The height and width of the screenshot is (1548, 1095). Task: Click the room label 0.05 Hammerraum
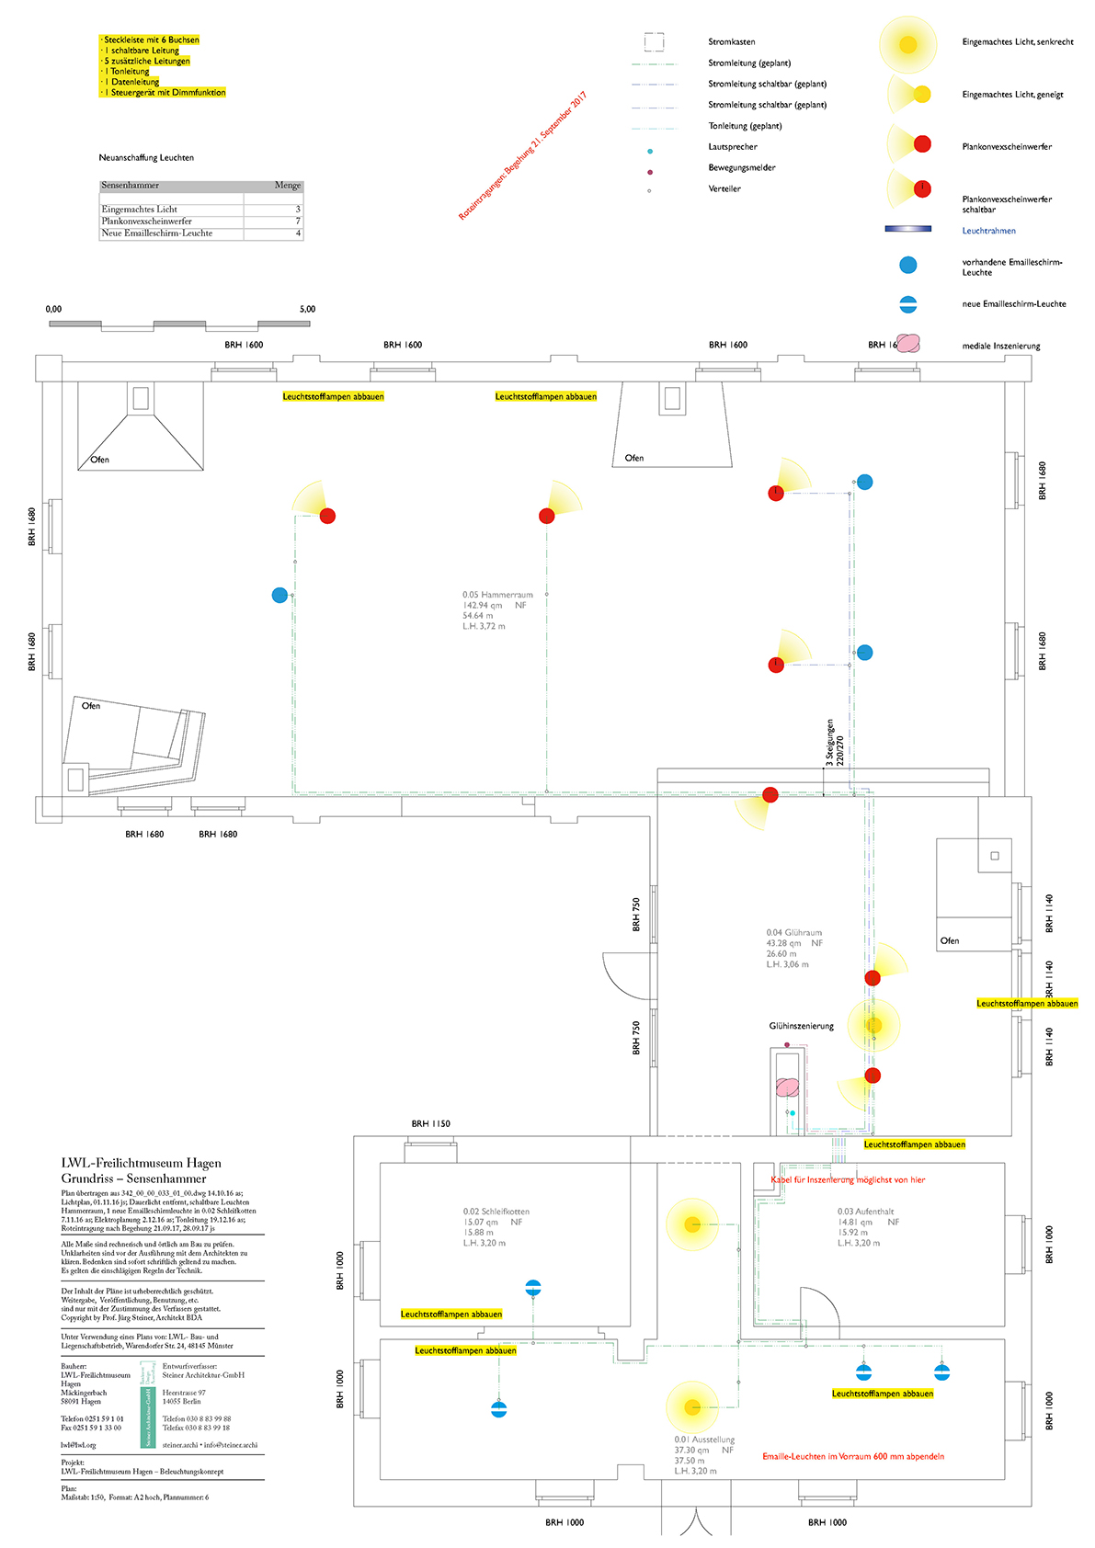point(497,595)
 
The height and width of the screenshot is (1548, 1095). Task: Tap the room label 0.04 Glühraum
point(794,933)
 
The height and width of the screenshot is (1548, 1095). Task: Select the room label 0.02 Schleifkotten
point(496,1212)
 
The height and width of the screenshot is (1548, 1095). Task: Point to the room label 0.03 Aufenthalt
point(865,1212)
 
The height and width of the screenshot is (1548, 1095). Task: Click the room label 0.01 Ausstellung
point(704,1440)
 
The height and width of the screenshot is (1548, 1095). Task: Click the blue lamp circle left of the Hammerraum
point(279,596)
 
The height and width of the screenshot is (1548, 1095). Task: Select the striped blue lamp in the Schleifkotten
point(533,1288)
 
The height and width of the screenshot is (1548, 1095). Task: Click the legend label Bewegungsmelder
point(741,167)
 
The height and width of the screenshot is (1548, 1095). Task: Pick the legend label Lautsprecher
point(733,147)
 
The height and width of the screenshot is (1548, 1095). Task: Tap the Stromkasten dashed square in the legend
point(654,42)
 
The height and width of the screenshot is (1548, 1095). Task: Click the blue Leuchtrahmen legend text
point(988,231)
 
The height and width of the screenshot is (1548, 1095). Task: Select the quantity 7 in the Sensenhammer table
point(298,222)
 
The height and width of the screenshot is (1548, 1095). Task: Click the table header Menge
point(288,186)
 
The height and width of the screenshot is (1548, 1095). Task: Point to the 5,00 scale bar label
point(307,310)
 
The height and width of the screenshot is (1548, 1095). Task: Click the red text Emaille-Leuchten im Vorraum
point(852,1456)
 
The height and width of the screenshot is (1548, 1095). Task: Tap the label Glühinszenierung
point(801,1026)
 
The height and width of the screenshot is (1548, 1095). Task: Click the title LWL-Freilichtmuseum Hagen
point(141,1163)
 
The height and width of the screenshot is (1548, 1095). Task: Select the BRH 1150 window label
point(430,1123)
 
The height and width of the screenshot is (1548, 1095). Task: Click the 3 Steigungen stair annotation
point(835,743)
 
